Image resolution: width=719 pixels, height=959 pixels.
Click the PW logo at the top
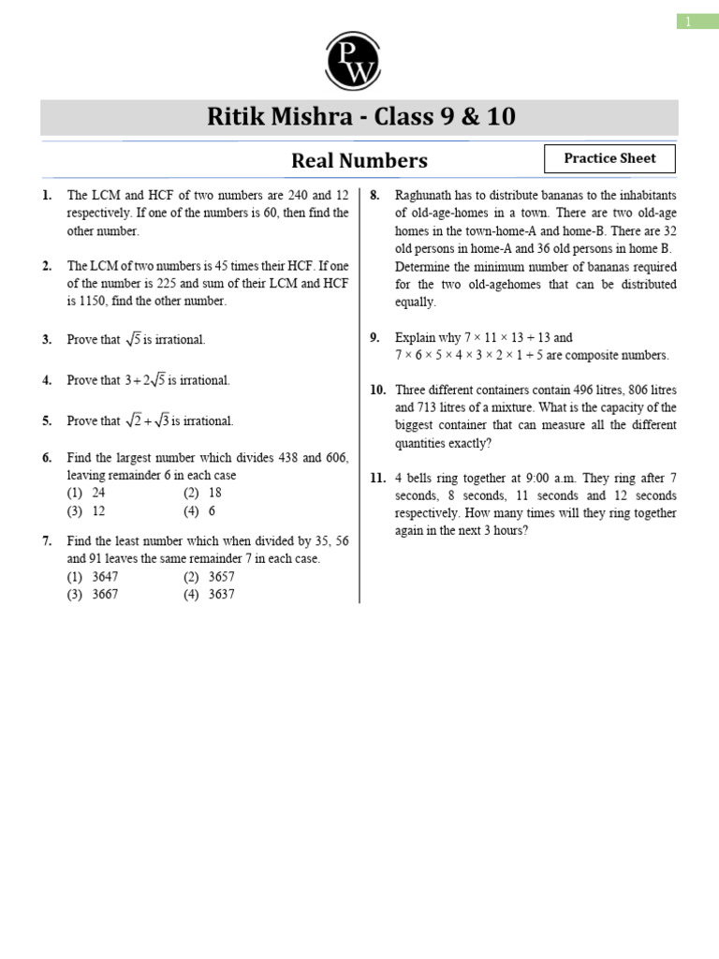pyautogui.click(x=353, y=61)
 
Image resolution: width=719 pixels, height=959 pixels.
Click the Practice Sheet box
pyautogui.click(x=609, y=158)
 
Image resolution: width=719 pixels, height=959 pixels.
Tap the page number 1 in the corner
pyautogui.click(x=687, y=22)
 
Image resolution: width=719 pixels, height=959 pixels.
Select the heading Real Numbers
pyautogui.click(x=359, y=160)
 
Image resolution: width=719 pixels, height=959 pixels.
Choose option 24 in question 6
pyautogui.click(x=98, y=493)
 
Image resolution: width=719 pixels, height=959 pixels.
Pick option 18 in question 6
pyautogui.click(x=215, y=493)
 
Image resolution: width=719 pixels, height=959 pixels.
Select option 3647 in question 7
pyautogui.click(x=105, y=576)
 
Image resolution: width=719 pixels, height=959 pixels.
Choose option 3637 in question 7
pyautogui.click(x=221, y=594)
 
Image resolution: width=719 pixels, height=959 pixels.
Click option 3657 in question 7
pyautogui.click(x=221, y=576)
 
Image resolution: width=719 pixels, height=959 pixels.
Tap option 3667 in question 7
pyautogui.click(x=105, y=594)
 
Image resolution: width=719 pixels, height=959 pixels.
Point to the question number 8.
pyautogui.click(x=374, y=195)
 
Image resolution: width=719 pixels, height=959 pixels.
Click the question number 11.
pyautogui.click(x=377, y=478)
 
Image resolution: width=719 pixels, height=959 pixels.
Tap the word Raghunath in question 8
pyautogui.click(x=422, y=195)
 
